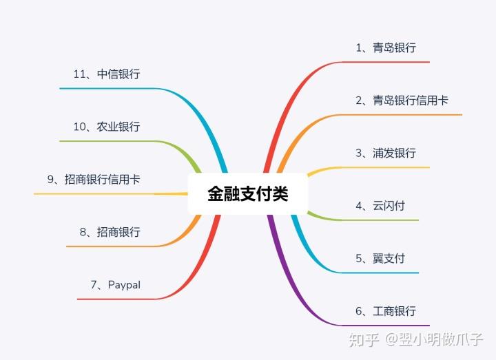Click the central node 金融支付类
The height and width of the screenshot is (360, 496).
click(247, 193)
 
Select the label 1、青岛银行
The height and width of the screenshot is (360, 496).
click(386, 47)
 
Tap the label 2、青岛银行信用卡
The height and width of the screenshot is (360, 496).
click(402, 100)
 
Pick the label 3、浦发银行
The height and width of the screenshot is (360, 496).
click(386, 153)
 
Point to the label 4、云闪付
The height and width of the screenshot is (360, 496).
click(380, 205)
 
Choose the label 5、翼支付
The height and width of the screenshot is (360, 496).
click(380, 258)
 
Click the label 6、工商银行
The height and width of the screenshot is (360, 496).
click(386, 311)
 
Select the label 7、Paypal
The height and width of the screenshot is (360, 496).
click(115, 284)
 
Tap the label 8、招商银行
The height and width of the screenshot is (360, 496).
click(110, 232)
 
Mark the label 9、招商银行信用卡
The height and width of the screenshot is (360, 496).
click(94, 179)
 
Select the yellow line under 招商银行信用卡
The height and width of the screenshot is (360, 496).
click(103, 194)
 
